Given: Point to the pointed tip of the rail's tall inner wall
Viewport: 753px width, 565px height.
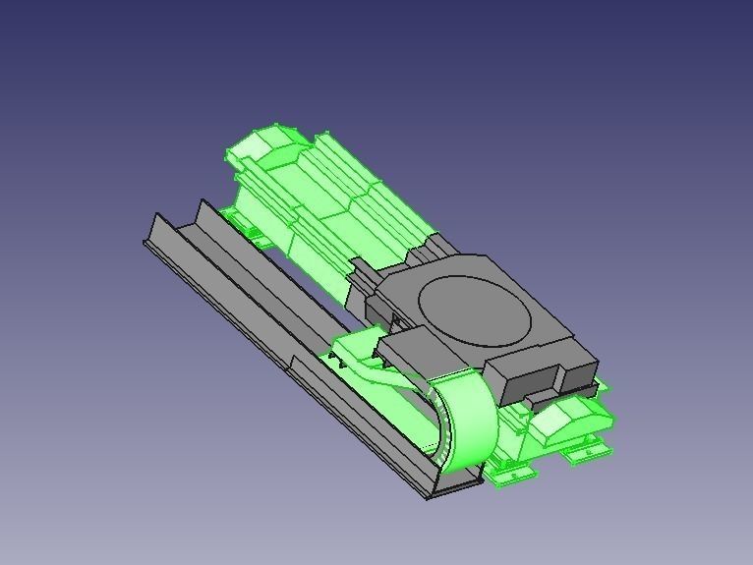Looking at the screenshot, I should pyautogui.click(x=203, y=203).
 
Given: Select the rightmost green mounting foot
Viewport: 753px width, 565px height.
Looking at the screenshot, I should pyautogui.click(x=588, y=452).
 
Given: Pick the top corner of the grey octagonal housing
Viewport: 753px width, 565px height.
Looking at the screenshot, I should pyautogui.click(x=487, y=257).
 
